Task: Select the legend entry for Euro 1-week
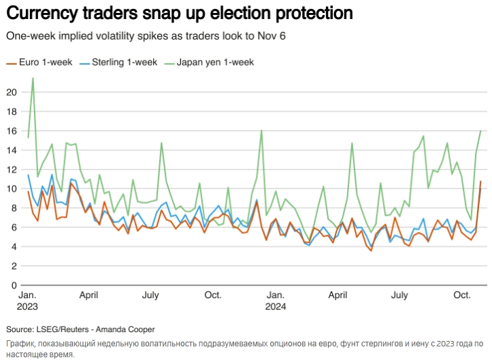pyautogui.click(x=39, y=62)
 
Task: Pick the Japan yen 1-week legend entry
pyautogui.click(x=209, y=62)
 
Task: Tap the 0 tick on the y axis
pyautogui.click(x=14, y=284)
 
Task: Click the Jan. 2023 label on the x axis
pyautogui.click(x=27, y=301)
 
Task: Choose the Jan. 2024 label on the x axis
pyautogui.click(x=276, y=301)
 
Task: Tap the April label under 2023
pyautogui.click(x=88, y=295)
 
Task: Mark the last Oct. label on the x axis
pyautogui.click(x=463, y=295)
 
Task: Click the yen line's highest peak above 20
pyautogui.click(x=33, y=78)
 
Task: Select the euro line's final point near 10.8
pyautogui.click(x=480, y=182)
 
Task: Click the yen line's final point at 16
pyautogui.click(x=480, y=131)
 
